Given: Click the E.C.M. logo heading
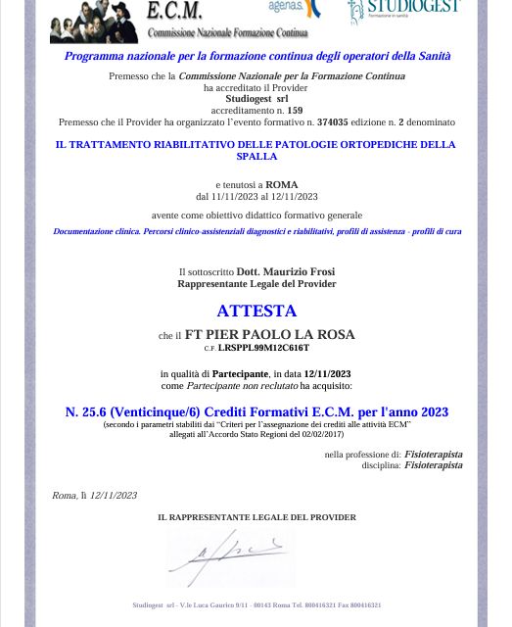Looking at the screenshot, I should (174, 11).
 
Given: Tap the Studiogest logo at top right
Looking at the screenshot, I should (403, 12).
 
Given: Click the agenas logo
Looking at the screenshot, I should (295, 10).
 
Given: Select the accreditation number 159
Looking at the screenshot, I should (295, 111).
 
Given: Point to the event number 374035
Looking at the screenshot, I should (333, 122).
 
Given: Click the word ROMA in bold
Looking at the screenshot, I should (282, 184).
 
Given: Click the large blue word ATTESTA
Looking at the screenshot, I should (256, 311).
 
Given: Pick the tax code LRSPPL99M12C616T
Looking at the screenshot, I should (263, 348).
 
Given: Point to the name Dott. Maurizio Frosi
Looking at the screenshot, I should (286, 271).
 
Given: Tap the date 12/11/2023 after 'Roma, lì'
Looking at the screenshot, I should (114, 496).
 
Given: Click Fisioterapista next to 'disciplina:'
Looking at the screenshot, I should (434, 465).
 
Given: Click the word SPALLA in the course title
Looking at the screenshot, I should (256, 156).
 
